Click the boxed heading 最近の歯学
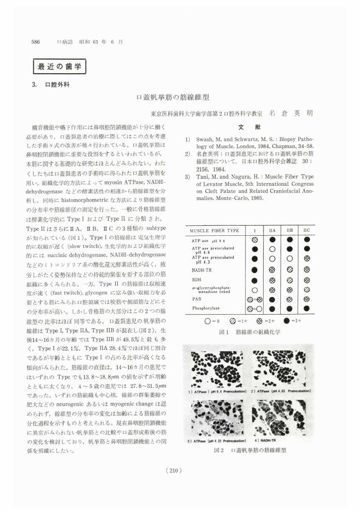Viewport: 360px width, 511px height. [60, 66]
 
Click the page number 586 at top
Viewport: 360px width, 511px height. [36, 42]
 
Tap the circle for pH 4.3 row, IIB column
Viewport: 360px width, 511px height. [289, 260]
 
